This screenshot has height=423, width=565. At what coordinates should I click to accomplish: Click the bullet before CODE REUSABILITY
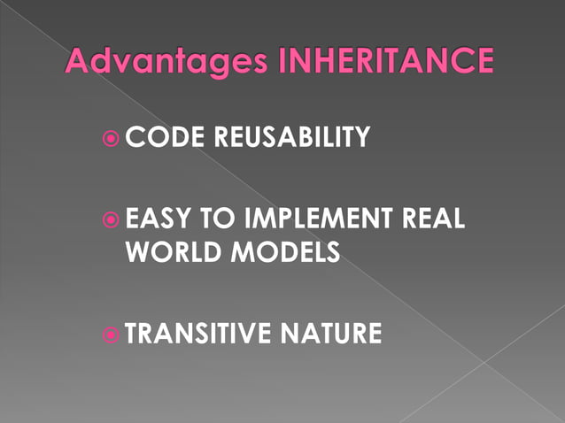(111, 138)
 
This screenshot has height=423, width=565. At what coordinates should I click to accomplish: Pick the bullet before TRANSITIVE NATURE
(111, 335)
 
